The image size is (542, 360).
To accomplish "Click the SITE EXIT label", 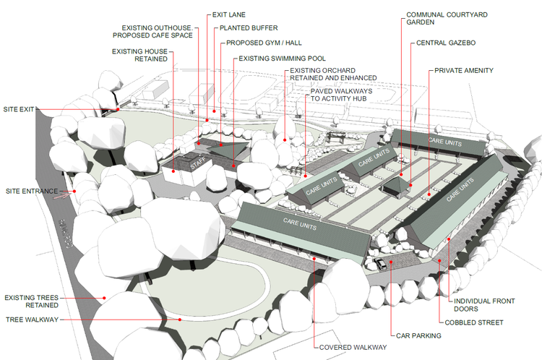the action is tap(19, 109).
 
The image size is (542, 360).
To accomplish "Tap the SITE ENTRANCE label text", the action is tap(32, 192).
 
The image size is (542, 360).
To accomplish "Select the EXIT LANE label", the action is tap(229, 15).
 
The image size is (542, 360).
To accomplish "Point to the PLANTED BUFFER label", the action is tap(249, 28).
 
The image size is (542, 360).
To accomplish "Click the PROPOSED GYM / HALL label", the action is tap(264, 43).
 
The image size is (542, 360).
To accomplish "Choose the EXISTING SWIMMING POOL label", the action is tap(282, 59).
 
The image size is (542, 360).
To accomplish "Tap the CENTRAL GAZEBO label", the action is tap(446, 43).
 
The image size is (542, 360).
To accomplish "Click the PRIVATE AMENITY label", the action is tap(464, 71).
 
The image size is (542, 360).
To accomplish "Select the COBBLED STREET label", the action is tap(474, 322).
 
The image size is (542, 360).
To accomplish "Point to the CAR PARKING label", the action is tap(418, 336).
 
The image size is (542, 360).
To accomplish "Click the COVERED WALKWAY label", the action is tap(353, 348).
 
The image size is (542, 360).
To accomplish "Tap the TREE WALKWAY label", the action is tap(32, 320).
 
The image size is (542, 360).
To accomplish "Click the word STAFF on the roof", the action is tap(198, 163).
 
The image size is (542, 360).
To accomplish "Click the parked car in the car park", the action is tap(381, 264).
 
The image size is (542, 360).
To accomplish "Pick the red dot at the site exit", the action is tap(118, 109).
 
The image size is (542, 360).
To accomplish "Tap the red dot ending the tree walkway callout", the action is tap(180, 320).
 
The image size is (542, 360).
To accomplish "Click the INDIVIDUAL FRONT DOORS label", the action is tap(484, 305).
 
